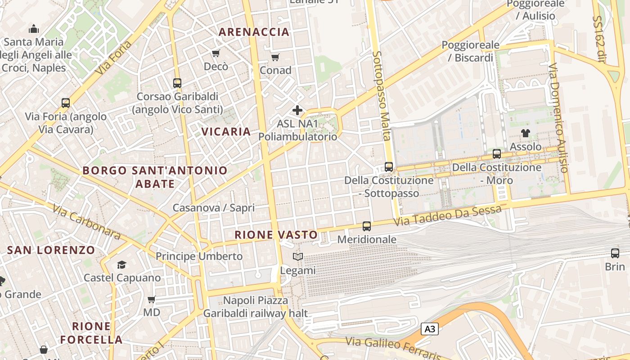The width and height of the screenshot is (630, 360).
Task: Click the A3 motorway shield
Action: pos(430,329)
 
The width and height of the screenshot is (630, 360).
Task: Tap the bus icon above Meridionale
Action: pos(367,226)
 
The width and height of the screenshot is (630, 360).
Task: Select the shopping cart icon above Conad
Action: pos(275,57)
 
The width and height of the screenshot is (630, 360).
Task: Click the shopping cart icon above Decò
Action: pos(216,54)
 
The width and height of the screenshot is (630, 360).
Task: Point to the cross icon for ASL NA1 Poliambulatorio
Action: pos(297,110)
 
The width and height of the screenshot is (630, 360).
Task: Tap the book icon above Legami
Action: pos(297,256)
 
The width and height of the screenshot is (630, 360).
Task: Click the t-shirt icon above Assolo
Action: pos(525,133)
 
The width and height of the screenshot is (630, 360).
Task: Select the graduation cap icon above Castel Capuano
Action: pos(121,264)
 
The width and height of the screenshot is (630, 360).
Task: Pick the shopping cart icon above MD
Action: pos(152,299)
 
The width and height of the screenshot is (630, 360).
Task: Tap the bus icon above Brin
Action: pos(615,253)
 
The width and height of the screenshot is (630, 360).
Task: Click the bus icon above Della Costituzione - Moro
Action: pos(497,153)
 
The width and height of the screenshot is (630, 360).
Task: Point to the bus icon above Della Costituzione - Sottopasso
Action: pos(389,166)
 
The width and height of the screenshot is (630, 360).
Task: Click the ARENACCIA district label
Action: pos(254,32)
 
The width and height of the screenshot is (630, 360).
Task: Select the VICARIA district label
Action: pos(226,131)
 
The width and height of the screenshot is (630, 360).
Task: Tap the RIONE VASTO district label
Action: pos(276,234)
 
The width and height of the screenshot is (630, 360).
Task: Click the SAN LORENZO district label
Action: pos(51,250)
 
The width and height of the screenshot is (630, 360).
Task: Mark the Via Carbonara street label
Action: pos(86,222)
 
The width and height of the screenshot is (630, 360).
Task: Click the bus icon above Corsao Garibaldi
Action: pos(177,83)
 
